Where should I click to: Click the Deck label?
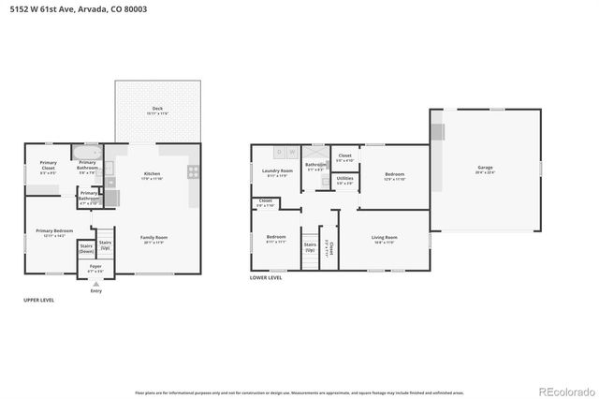(x=157, y=110)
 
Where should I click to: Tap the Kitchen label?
(x=152, y=175)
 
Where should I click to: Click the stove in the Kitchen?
(x=194, y=171)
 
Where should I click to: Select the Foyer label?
(x=95, y=268)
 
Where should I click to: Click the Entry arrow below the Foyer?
(x=95, y=284)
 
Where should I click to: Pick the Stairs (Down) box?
(x=85, y=250)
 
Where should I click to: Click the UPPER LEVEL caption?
(x=38, y=300)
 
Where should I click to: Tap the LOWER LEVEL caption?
(x=267, y=278)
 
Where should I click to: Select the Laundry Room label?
(x=277, y=172)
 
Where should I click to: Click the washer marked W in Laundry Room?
(x=291, y=152)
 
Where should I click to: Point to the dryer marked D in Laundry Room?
(x=278, y=152)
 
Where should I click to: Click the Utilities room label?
(x=344, y=179)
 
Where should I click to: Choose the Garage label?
(x=485, y=170)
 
